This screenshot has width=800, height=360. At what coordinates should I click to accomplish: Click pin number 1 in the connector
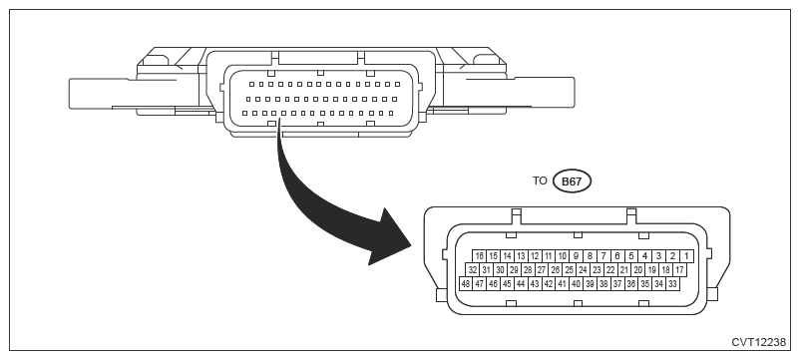tap(686, 256)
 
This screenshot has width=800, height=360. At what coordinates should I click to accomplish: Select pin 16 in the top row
tap(479, 256)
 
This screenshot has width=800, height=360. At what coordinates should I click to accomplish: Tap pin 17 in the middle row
tap(679, 269)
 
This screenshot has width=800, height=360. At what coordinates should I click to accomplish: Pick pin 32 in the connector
tap(473, 269)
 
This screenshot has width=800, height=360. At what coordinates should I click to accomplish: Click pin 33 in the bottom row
tap(672, 283)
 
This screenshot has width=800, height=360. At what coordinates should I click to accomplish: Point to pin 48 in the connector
tap(465, 283)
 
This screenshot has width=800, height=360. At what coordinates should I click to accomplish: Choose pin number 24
tap(583, 269)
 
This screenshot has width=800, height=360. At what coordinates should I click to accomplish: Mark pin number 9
tap(576, 256)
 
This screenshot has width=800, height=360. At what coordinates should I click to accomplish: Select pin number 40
tap(576, 283)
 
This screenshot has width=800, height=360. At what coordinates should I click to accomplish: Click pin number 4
tap(645, 256)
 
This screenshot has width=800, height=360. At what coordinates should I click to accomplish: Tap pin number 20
tap(637, 269)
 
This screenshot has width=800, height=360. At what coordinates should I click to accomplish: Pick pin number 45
tap(507, 283)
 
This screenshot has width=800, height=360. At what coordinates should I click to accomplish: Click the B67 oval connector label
tap(572, 181)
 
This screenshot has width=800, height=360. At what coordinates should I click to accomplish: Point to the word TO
tap(540, 180)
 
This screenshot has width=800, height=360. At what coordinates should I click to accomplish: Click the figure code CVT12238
tap(759, 343)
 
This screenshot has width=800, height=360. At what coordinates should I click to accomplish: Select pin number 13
tap(521, 256)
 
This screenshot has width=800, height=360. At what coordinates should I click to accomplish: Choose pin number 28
tap(528, 269)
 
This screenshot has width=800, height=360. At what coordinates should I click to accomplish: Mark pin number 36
tap(631, 283)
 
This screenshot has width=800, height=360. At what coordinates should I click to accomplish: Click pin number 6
tap(617, 256)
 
